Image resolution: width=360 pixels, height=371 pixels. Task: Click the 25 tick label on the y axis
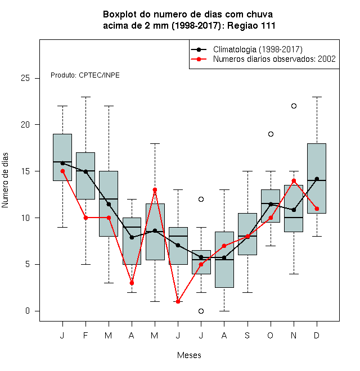point(25,78)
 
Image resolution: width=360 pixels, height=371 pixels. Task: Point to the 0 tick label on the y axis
point(28,311)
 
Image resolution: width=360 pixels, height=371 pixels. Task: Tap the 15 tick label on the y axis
point(25,171)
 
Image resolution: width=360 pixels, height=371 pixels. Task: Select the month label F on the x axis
point(85,335)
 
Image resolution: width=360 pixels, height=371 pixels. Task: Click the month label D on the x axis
point(317,335)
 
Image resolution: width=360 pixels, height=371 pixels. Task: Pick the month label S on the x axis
point(247,335)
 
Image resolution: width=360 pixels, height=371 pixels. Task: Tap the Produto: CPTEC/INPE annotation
point(85,75)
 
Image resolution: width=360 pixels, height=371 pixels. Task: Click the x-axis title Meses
point(189,355)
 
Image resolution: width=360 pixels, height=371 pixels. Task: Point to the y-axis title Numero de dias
point(5,180)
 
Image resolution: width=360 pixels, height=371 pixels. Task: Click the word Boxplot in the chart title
point(120,15)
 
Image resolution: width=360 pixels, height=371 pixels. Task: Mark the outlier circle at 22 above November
point(294,106)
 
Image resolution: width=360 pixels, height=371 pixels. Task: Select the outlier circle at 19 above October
point(271,134)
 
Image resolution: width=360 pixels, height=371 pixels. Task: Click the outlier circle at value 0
point(201,311)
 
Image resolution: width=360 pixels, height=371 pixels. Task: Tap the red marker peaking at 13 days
point(155,190)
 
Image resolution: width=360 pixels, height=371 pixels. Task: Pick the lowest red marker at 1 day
point(178,301)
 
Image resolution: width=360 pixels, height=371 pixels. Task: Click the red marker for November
point(294,181)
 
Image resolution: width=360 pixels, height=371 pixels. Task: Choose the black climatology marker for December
point(317,179)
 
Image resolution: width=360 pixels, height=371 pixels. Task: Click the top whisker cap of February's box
point(85,97)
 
